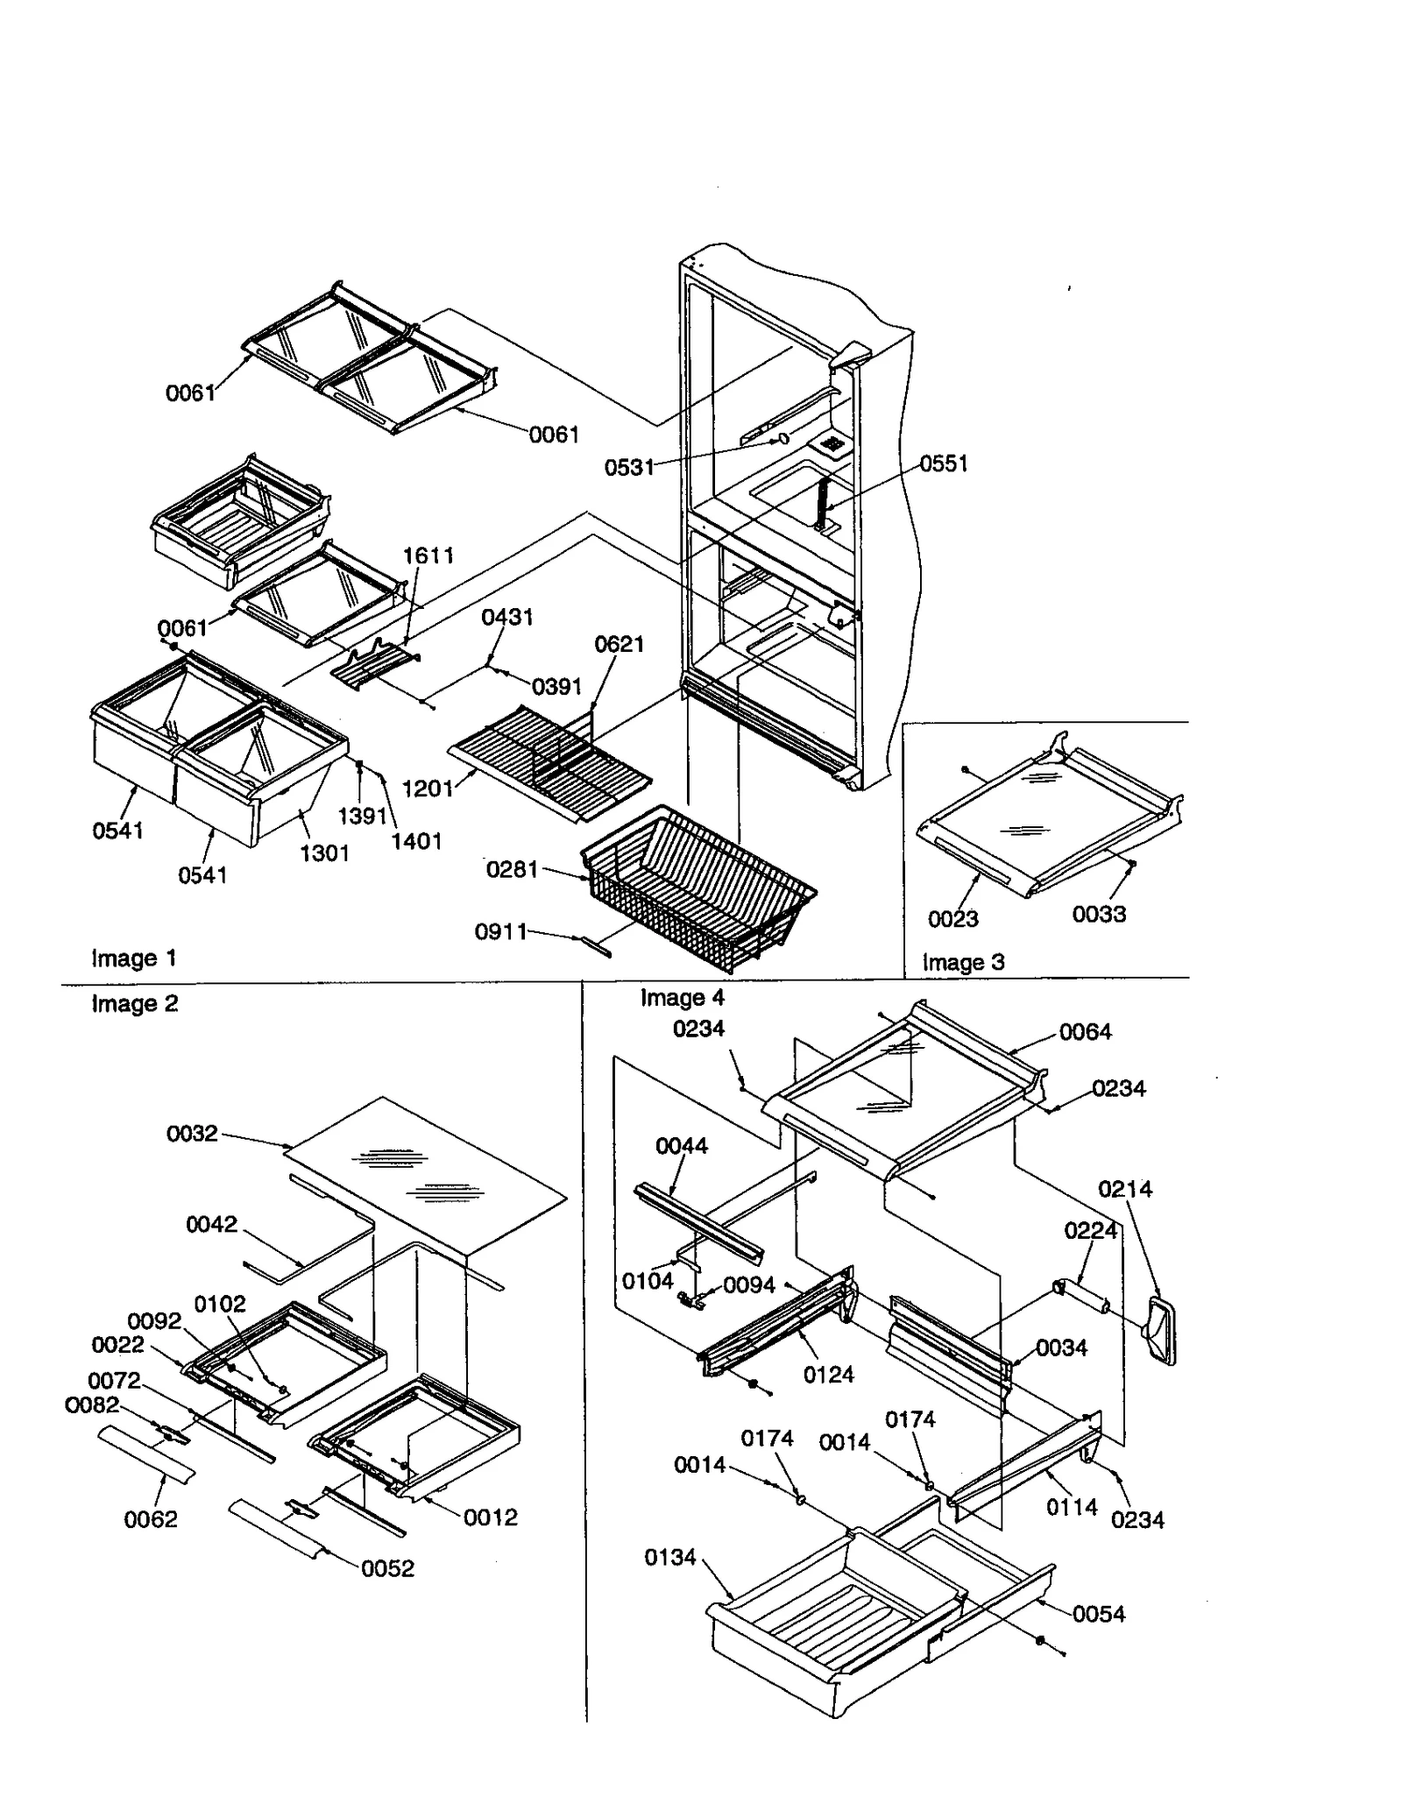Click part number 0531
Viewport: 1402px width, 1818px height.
(x=628, y=467)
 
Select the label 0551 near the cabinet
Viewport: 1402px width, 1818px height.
(x=943, y=463)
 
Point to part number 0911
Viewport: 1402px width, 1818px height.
(x=500, y=931)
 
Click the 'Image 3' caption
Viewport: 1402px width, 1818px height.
(x=963, y=962)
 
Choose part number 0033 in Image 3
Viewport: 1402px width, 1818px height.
(x=1098, y=914)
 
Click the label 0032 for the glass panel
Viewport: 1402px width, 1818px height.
(x=192, y=1134)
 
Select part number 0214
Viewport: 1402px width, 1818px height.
(x=1124, y=1189)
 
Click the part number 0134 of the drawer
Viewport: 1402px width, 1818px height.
(x=669, y=1557)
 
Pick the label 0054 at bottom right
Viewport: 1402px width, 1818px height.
(x=1098, y=1614)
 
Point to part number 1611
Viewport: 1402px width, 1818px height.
(x=428, y=555)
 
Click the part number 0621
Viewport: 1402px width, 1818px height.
(x=619, y=645)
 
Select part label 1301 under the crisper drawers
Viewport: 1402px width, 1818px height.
(x=324, y=852)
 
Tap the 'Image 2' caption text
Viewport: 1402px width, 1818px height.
(x=134, y=1004)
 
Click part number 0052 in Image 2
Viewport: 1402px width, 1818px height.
(x=387, y=1568)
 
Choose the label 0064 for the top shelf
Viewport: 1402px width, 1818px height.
(x=1085, y=1032)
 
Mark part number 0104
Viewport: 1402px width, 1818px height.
(x=647, y=1281)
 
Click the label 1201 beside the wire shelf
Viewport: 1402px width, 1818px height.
(x=427, y=789)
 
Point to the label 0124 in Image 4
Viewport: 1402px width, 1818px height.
(x=828, y=1375)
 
